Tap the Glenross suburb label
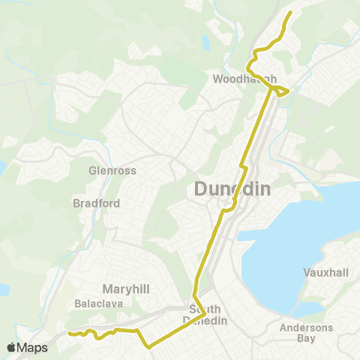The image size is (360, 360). click(x=112, y=170)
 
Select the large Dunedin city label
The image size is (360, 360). click(x=232, y=189)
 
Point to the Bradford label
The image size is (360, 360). click(x=92, y=202)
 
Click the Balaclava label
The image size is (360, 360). click(x=95, y=304)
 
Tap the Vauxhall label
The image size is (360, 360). click(x=325, y=271)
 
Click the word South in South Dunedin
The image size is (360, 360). click(x=204, y=309)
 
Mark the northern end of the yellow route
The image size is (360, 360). click(x=290, y=12)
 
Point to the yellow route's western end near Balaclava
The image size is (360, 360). click(x=68, y=333)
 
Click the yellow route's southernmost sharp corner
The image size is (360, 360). click(x=149, y=347)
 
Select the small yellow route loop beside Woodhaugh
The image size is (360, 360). click(x=280, y=91)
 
